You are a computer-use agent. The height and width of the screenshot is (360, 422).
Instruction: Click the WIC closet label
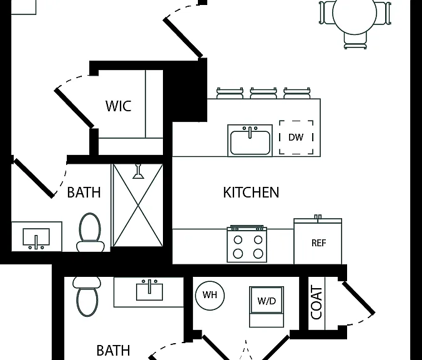pyautogui.click(x=119, y=106)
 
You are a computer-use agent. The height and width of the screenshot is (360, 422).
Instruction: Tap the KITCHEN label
pyautogui.click(x=251, y=192)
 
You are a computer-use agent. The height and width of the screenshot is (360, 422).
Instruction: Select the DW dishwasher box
pyautogui.click(x=296, y=137)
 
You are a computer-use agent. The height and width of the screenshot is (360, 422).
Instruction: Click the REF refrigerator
pyautogui.click(x=318, y=241)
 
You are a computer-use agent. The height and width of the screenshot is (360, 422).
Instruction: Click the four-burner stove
pyautogui.click(x=247, y=244)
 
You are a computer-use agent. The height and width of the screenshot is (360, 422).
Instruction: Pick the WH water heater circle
pyautogui.click(x=210, y=295)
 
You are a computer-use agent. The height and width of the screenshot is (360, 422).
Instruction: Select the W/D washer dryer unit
pyautogui.click(x=267, y=307)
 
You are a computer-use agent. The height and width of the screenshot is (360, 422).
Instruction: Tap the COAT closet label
pyautogui.click(x=316, y=303)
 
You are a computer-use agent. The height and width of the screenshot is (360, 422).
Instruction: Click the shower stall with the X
pyautogui.click(x=138, y=206)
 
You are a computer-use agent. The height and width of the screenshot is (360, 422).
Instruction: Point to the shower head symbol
pyautogui.click(x=139, y=171)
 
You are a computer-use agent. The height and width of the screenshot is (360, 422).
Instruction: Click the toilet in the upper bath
pyautogui.click(x=90, y=232)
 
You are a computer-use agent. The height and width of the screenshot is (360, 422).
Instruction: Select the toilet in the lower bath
pyautogui.click(x=87, y=296)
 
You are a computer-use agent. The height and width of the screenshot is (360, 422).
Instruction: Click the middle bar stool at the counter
pyautogui.click(x=263, y=93)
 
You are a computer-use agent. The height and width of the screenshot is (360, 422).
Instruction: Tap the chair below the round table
pyautogui.click(x=355, y=41)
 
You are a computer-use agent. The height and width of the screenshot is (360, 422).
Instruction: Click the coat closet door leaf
pyautogui.click(x=358, y=298)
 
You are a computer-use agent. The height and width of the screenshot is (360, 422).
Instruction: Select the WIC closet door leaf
pyautogui.click(x=74, y=107)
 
